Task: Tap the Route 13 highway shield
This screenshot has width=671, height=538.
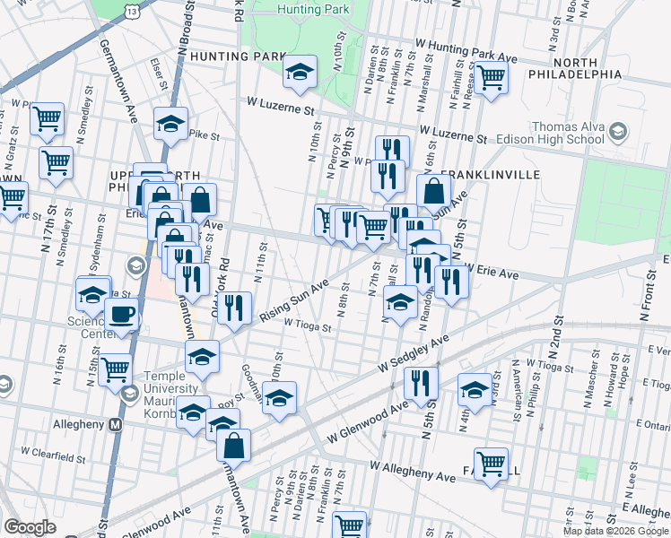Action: (x=133, y=9)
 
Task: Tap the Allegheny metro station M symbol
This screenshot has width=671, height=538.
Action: (x=116, y=425)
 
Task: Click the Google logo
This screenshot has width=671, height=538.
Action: (x=30, y=527)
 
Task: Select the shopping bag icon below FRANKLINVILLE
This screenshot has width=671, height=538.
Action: (x=434, y=191)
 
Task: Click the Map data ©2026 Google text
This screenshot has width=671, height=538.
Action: (x=616, y=531)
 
